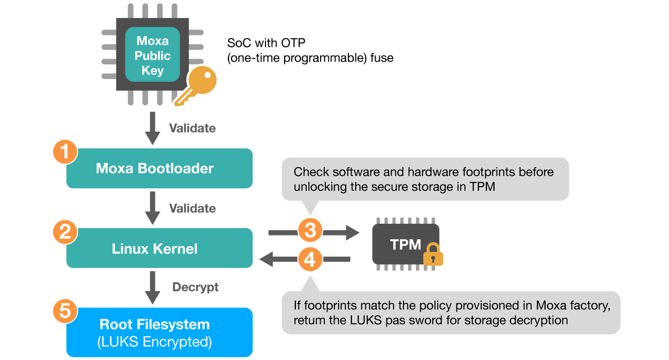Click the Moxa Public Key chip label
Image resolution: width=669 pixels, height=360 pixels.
click(153, 56)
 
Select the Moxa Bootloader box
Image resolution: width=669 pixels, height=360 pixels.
click(160, 168)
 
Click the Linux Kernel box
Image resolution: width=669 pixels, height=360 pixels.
click(160, 248)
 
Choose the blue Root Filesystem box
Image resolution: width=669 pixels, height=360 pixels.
click(160, 332)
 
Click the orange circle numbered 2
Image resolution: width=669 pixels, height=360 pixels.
click(65, 232)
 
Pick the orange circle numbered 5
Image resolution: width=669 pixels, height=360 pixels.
click(65, 312)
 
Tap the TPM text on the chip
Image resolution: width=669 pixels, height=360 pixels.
click(406, 244)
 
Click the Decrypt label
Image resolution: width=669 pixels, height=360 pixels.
click(196, 287)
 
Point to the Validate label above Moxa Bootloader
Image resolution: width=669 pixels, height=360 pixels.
click(192, 128)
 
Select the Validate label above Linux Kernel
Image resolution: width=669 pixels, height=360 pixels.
click(192, 208)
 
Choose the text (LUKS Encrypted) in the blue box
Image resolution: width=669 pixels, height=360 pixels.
click(155, 341)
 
